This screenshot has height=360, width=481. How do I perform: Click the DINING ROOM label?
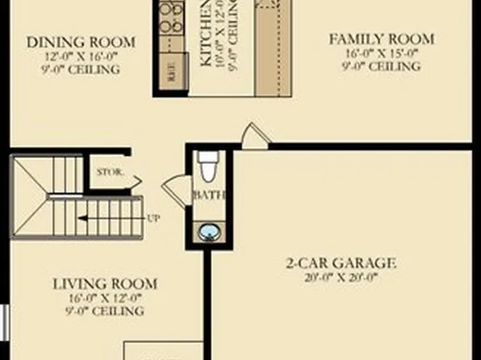(x=81, y=42)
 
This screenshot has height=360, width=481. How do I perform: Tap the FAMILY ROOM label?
(x=382, y=39)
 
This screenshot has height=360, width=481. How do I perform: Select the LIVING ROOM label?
(x=106, y=284)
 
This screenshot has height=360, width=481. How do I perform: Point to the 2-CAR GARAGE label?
(x=342, y=262)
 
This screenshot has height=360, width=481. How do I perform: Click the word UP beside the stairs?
(x=153, y=218)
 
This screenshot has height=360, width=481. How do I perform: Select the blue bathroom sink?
(x=208, y=232)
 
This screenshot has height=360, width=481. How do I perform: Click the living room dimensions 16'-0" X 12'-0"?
(x=106, y=298)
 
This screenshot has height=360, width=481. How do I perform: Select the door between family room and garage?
(x=254, y=136)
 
